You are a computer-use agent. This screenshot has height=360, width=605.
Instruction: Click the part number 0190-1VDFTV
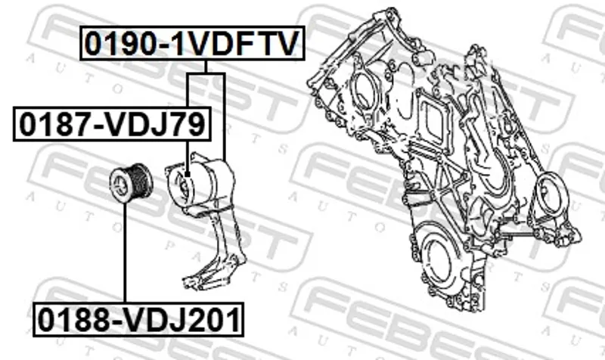[192, 43]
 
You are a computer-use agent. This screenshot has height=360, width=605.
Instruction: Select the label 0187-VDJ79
[112, 124]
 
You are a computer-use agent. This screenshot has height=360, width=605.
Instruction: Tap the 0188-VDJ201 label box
[138, 320]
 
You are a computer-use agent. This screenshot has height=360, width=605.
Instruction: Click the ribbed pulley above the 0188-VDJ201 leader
[132, 183]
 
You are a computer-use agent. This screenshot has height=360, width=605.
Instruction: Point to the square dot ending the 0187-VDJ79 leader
[188, 175]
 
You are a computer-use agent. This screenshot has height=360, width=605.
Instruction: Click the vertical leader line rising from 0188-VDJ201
[125, 253]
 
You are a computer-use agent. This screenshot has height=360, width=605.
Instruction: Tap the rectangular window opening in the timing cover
[434, 119]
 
